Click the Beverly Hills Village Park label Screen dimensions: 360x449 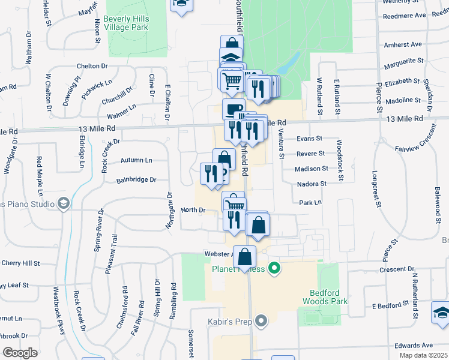[x=126, y=23]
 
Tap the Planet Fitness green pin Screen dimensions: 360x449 [x=275, y=268]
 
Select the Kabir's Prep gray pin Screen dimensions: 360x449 [x=261, y=322]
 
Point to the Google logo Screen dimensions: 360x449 [x=20, y=353]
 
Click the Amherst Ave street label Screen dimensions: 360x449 [x=403, y=44]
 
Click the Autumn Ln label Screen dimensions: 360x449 [x=136, y=160]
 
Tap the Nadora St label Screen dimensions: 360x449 [x=312, y=184]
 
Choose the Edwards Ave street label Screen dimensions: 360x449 [x=413, y=345]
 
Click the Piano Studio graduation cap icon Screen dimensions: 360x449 [x=62, y=203]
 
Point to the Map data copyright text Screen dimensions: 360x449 [x=423, y=355]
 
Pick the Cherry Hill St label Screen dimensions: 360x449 [x=20, y=263]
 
